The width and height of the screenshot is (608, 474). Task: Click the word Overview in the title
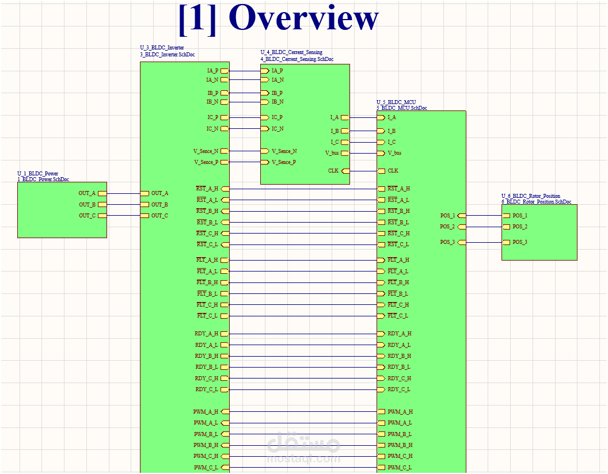pyautogui.click(x=306, y=18)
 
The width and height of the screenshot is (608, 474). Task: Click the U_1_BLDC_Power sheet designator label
pyautogui.click(x=37, y=173)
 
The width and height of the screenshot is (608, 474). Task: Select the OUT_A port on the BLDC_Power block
pyautogui.click(x=102, y=193)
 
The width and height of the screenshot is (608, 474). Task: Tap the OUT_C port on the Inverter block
pyautogui.click(x=145, y=216)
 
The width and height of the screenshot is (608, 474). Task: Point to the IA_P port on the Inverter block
pyautogui.click(x=225, y=71)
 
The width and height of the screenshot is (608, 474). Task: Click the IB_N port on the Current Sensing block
pyautogui.click(x=265, y=102)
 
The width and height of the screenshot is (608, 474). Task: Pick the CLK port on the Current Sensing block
pyautogui.click(x=345, y=171)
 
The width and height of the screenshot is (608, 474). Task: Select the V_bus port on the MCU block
pyautogui.click(x=381, y=153)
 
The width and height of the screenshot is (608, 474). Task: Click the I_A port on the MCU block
pyautogui.click(x=381, y=117)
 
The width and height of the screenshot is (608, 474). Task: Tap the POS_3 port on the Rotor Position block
pyautogui.click(x=506, y=242)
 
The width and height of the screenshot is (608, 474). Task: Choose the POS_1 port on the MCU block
pyautogui.click(x=461, y=216)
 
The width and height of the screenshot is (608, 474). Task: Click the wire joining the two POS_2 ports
pyautogui.click(x=484, y=227)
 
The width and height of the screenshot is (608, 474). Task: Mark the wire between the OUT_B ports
pyautogui.click(x=124, y=205)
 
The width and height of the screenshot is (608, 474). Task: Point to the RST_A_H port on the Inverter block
pyautogui.click(x=225, y=189)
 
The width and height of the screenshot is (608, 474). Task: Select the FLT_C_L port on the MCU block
pyautogui.click(x=381, y=316)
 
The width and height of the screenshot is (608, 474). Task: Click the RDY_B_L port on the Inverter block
pyautogui.click(x=225, y=367)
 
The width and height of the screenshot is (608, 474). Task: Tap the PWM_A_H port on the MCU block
pyautogui.click(x=381, y=412)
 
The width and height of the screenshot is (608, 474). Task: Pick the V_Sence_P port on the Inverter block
pyautogui.click(x=225, y=162)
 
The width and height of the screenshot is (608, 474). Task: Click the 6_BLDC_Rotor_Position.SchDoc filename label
pyautogui.click(x=536, y=202)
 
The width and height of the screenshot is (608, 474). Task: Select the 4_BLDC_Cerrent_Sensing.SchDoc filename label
pyautogui.click(x=297, y=59)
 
